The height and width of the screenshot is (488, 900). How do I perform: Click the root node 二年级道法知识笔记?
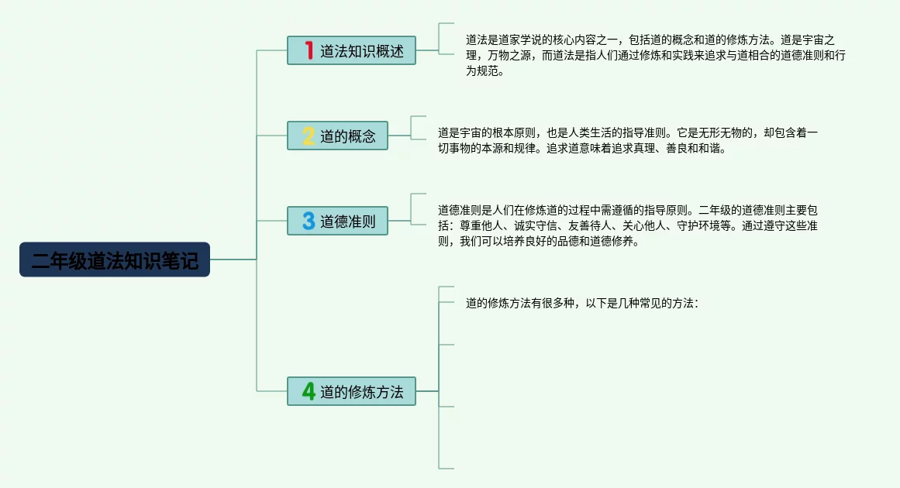115,259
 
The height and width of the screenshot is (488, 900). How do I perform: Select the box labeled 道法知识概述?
351,50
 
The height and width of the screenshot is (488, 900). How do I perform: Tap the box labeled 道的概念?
337,136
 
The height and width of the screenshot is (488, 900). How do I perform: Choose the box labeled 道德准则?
337,221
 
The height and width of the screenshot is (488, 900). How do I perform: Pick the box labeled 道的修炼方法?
351,391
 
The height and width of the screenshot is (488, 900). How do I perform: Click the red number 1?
309,50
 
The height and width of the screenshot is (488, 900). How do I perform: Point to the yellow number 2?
309,136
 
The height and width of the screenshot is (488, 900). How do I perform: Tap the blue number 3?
309,221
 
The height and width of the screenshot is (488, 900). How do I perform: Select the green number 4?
309,391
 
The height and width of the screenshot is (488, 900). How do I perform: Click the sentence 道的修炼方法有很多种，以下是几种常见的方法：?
582,304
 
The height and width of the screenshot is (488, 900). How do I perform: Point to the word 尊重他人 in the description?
481,226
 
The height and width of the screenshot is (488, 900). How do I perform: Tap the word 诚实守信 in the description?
536,226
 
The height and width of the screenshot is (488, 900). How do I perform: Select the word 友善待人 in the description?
590,226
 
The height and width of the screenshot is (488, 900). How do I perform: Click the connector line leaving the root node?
233,259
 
